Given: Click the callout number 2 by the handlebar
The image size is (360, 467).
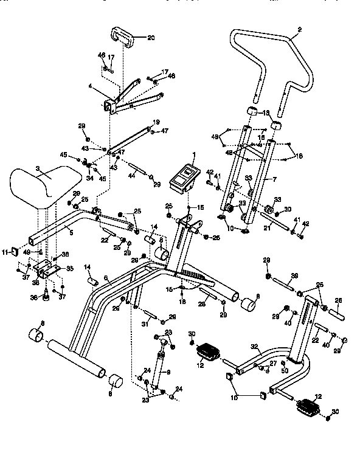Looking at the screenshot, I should [299, 30].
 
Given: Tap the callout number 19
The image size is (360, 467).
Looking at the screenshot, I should [156, 122].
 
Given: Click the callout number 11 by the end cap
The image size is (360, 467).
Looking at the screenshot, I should [5, 251].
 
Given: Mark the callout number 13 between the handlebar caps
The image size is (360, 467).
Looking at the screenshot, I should [266, 113].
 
